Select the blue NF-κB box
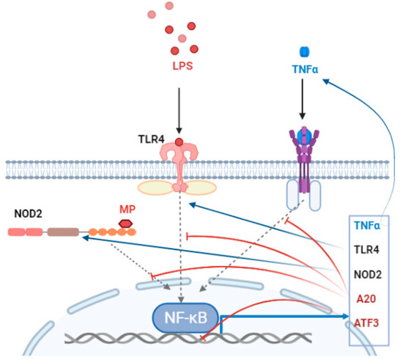[184, 317]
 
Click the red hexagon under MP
[126, 223]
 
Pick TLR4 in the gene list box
[366, 251]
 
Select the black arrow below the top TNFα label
[301, 107]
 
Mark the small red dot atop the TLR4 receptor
[179, 142]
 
